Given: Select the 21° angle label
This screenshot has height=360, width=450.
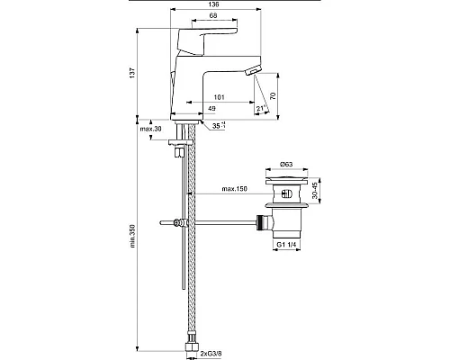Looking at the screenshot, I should click(x=261, y=109).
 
